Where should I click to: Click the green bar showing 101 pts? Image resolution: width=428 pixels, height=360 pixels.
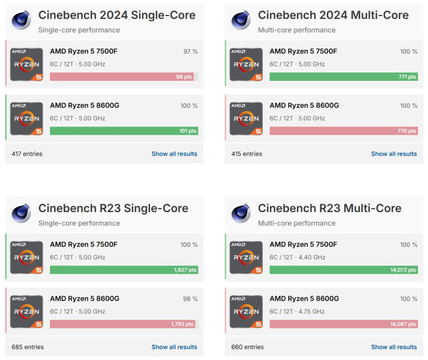coord(124,131)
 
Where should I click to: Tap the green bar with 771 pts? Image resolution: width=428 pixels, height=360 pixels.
coord(343,77)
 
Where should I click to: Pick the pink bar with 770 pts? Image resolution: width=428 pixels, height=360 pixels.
coord(343,131)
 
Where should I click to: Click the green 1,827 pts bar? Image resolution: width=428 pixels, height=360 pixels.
coord(124,270)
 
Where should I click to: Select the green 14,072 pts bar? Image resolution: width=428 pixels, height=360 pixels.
coord(343,270)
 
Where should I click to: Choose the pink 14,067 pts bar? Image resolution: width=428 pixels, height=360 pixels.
coord(343,324)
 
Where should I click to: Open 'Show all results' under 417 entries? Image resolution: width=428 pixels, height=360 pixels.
coord(174,154)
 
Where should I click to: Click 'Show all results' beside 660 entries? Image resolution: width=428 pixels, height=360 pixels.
coord(394,347)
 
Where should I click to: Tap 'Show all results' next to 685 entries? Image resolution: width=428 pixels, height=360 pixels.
coord(174,347)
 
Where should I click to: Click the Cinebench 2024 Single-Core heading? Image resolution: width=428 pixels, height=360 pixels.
coord(113,15)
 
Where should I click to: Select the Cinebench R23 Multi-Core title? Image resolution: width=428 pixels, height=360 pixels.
coord(329,208)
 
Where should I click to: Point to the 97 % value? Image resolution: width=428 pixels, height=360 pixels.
coord(190,52)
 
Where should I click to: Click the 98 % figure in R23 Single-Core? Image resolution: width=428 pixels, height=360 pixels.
coord(189,299)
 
